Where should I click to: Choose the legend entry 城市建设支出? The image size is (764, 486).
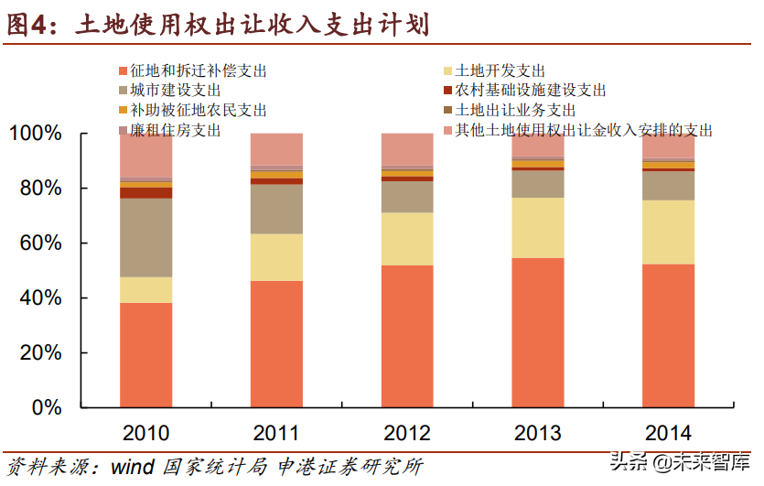tap(175, 91)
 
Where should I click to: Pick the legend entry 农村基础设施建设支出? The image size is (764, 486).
tap(530, 91)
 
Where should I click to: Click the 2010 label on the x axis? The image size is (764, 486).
tap(145, 432)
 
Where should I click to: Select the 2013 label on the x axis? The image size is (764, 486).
tap(537, 432)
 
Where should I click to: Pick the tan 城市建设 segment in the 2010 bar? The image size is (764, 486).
tap(145, 238)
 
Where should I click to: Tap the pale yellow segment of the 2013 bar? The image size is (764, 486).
tap(537, 228)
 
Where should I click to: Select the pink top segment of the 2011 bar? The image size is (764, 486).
tap(276, 148)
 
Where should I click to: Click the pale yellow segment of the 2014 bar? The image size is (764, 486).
tap(668, 232)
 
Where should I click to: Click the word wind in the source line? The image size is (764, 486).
tap(133, 467)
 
